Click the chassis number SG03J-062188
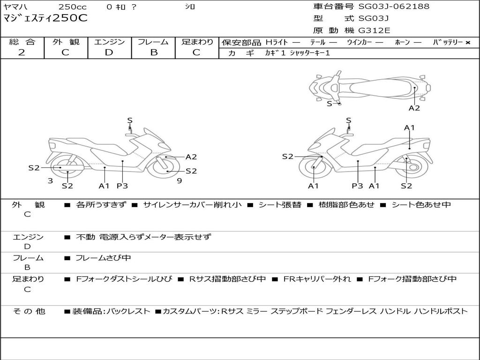pyautogui.click(x=394, y=7)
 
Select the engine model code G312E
pyautogui.click(x=374, y=31)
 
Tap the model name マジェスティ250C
pyautogui.click(x=45, y=19)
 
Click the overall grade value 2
pyautogui.click(x=22, y=52)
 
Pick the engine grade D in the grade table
pyautogui.click(x=109, y=52)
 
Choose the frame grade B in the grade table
pyautogui.click(x=154, y=52)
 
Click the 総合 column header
pyautogui.click(x=22, y=42)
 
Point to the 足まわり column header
pyautogui.click(x=197, y=42)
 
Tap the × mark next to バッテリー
pyautogui.click(x=467, y=43)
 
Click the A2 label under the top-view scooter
pyautogui.click(x=414, y=108)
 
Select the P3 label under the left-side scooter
pyautogui.click(x=122, y=186)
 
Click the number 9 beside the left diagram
pyautogui.click(x=180, y=180)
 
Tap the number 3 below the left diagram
pyautogui.click(x=50, y=180)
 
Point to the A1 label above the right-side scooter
pyautogui.click(x=410, y=127)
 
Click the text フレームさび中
pyautogui.click(x=103, y=258)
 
